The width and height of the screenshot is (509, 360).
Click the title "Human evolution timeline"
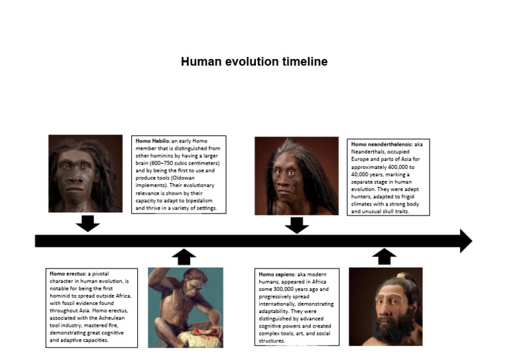pos(254,62)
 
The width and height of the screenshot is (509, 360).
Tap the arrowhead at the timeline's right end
pos(465,241)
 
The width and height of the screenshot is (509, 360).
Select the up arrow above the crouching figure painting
pos(184,257)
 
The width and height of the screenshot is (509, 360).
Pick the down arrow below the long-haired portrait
pos(296,225)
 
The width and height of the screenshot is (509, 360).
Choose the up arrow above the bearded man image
pos(384,256)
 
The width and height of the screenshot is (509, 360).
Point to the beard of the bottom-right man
pos(383,329)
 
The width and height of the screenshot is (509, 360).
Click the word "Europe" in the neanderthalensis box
pos(363,160)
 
